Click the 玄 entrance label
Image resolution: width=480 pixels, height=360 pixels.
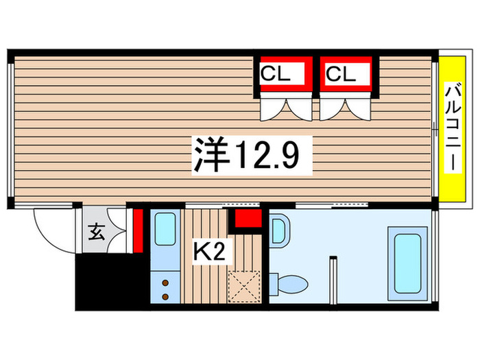95,232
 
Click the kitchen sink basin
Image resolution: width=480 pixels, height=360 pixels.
165,228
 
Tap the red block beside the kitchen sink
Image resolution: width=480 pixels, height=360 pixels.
138,230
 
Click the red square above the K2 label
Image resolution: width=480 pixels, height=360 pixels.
248,219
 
